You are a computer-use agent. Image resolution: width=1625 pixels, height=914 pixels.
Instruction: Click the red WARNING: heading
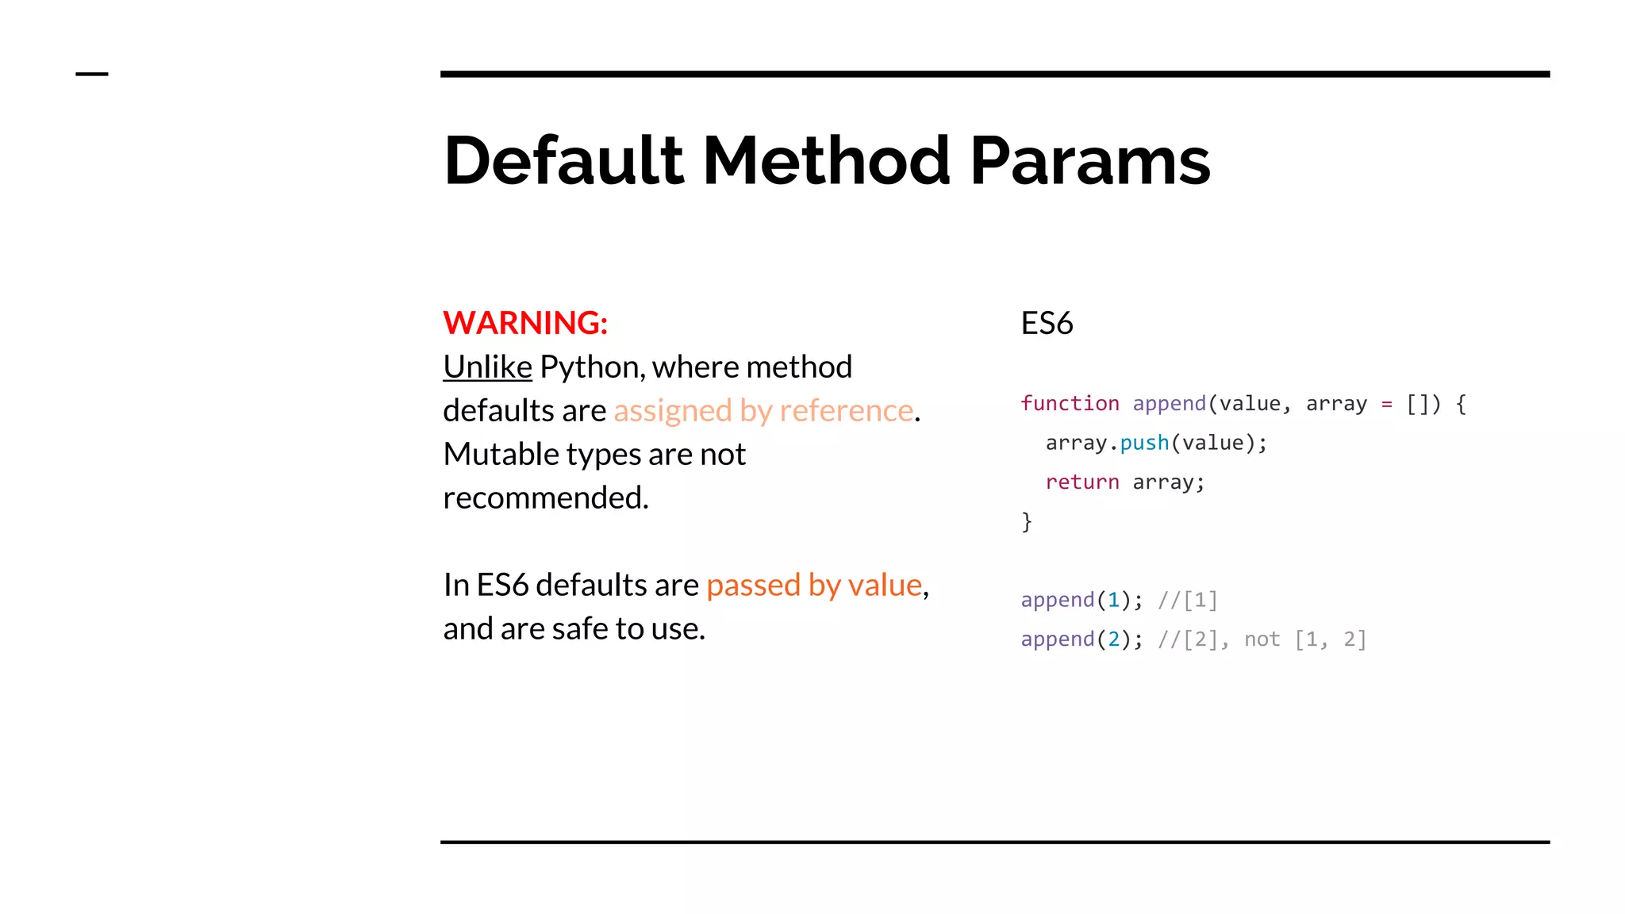525,323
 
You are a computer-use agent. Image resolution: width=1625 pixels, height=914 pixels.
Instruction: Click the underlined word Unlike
487,367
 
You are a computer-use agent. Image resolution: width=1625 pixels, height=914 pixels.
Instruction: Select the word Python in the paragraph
590,367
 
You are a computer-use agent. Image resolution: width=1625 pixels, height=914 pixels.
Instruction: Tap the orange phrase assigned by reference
763,411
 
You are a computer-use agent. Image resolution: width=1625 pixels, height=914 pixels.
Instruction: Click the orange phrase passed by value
814,586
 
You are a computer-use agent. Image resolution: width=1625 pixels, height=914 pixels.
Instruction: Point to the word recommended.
546,498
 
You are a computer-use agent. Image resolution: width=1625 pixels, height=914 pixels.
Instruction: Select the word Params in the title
1090,161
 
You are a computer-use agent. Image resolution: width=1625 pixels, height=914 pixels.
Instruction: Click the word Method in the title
826,161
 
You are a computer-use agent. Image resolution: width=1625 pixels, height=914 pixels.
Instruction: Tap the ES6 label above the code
1047,324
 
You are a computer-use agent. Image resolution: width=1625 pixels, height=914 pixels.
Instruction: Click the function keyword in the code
1070,404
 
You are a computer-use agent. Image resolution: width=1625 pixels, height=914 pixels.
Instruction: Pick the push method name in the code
1144,443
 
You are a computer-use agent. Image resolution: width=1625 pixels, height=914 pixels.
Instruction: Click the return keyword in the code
1082,482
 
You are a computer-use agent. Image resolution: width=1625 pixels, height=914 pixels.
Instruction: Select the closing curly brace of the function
1027,521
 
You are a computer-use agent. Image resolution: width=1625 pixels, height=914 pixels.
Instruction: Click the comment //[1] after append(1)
1188,601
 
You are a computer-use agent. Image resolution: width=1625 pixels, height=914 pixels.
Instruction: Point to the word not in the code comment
1262,639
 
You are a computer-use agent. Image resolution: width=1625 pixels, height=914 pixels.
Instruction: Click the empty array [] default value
1417,404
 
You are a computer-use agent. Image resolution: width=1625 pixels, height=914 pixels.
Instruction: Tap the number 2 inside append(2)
1113,639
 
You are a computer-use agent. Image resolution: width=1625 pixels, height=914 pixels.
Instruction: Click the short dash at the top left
92,74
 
